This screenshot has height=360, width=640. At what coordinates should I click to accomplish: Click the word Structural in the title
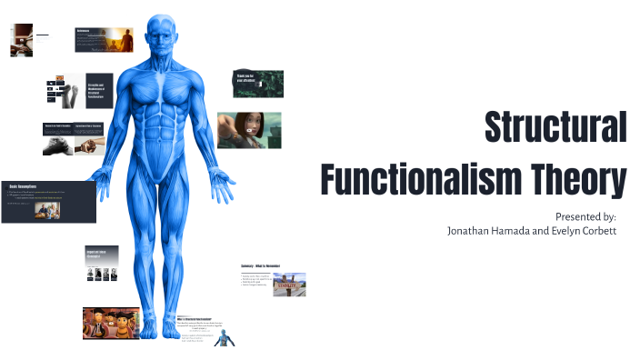click(555, 126)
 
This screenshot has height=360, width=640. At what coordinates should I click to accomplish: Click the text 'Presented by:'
click(585, 216)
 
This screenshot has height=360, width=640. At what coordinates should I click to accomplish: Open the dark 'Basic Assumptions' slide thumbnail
click(47, 203)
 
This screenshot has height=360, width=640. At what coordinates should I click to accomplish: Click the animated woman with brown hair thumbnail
click(248, 130)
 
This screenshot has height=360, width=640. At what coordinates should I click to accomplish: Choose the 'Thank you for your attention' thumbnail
click(257, 84)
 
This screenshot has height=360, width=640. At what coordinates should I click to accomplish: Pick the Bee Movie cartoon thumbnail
click(111, 324)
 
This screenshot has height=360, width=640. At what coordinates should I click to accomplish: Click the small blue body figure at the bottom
click(228, 337)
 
